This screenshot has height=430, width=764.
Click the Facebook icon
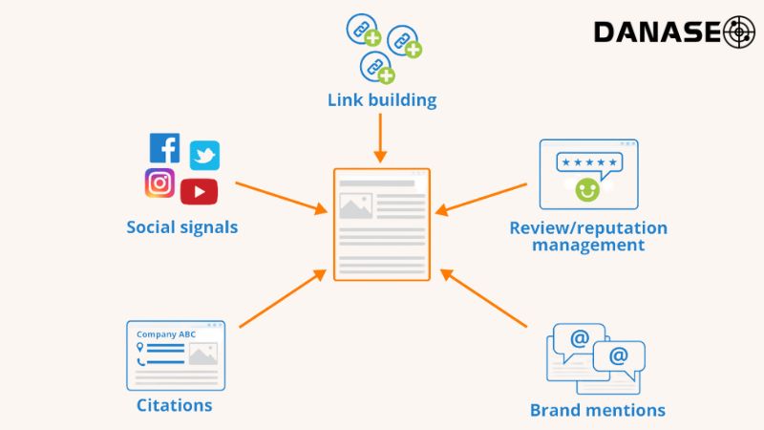[x=164, y=147]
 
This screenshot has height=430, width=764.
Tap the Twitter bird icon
[x=204, y=155]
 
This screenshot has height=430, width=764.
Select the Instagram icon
[x=159, y=183]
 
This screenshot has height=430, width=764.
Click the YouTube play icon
[x=199, y=191]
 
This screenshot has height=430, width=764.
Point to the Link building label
[x=382, y=99]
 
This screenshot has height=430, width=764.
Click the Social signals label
[x=182, y=227]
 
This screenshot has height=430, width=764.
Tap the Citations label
[x=174, y=405]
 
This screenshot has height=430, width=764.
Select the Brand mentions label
[x=598, y=411]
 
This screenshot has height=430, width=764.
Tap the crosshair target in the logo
[x=739, y=32]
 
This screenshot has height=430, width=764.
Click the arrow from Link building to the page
[x=381, y=138]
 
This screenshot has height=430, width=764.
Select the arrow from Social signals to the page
[x=280, y=196]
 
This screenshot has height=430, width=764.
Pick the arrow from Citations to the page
[x=283, y=299]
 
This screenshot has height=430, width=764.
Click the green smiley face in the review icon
[x=586, y=189]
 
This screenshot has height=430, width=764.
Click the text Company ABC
[x=164, y=334]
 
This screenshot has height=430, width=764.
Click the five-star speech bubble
[x=588, y=162]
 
